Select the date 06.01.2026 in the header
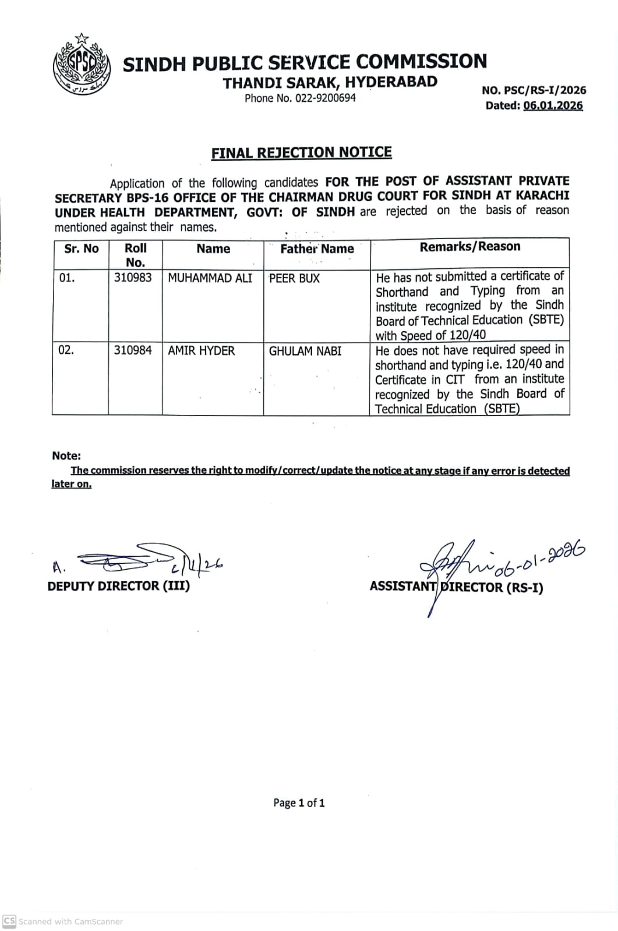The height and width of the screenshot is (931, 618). click(x=553, y=105)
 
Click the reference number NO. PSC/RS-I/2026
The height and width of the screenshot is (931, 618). click(x=534, y=90)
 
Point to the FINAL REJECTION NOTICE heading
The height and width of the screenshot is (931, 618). click(x=301, y=152)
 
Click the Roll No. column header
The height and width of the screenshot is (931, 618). click(x=135, y=255)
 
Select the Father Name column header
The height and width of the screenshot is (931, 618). click(x=317, y=249)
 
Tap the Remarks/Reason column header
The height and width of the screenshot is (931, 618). click(x=470, y=247)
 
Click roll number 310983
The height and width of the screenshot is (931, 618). click(x=133, y=278)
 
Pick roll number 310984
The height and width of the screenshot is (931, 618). click(x=133, y=350)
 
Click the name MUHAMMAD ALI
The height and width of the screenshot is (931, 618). click(x=210, y=278)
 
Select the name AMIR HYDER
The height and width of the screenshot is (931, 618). click(x=201, y=351)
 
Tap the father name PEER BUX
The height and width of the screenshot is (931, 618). click(x=294, y=279)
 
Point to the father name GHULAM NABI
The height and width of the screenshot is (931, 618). click(x=305, y=351)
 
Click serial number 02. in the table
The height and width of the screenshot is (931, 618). click(x=66, y=350)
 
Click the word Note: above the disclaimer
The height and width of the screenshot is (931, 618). click(x=66, y=456)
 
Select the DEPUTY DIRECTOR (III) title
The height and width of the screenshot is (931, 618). click(x=119, y=586)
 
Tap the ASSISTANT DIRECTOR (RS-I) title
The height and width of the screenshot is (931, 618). click(x=456, y=587)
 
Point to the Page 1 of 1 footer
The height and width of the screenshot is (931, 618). click(x=299, y=803)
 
